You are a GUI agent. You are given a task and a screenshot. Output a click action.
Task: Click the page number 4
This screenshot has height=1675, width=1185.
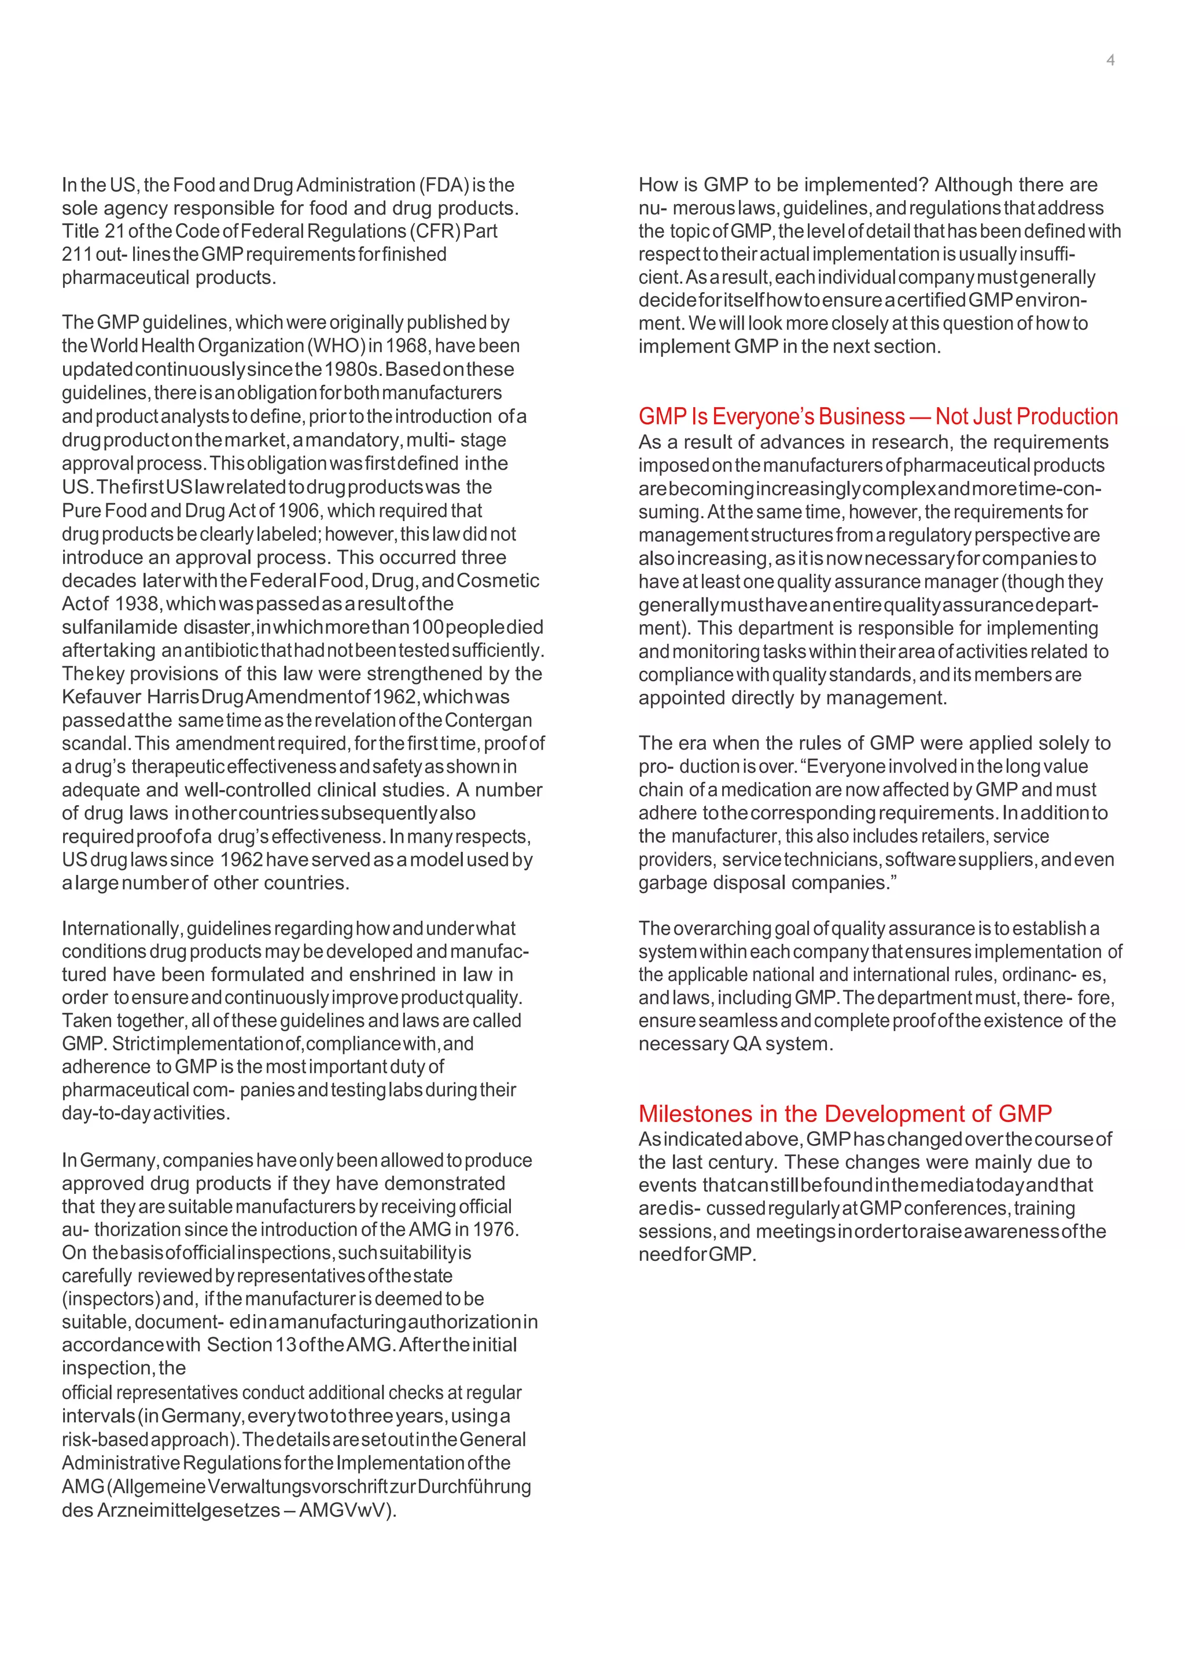1110,61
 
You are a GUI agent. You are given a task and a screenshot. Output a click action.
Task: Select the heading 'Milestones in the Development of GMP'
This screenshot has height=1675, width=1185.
845,1113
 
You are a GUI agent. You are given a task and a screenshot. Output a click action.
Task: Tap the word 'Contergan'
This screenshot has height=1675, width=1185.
488,720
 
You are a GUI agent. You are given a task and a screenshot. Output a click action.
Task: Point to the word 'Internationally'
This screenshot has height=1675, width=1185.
120,929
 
